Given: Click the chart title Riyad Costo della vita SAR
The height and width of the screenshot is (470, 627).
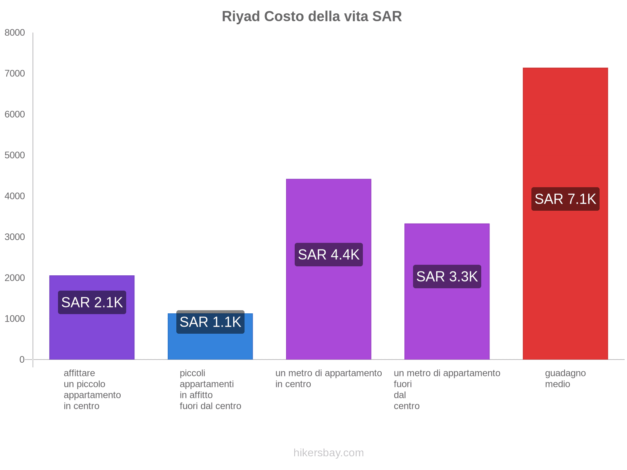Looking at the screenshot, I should [312, 16].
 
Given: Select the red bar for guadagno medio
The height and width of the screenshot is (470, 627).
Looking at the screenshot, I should [565, 274].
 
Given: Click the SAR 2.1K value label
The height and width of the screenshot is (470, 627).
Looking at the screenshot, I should [92, 302].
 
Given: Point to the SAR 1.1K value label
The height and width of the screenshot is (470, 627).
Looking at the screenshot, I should [210, 322].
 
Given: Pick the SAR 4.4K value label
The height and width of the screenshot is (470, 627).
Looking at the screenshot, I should [328, 255].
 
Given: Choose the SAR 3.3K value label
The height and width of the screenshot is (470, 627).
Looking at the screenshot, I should [447, 277].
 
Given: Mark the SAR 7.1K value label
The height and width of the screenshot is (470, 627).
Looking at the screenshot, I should [565, 199].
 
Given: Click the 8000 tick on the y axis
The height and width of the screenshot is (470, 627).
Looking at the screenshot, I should [15, 33].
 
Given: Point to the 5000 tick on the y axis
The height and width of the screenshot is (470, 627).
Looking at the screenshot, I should [15, 155].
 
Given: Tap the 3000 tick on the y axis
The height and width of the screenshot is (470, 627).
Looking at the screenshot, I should [15, 237].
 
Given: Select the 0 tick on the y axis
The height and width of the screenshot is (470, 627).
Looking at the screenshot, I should [22, 360].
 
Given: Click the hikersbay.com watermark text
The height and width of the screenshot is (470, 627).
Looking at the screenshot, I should [328, 453].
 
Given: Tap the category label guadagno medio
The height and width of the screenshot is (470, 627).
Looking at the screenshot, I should [565, 378].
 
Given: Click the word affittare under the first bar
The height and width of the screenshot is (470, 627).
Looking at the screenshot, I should [79, 373].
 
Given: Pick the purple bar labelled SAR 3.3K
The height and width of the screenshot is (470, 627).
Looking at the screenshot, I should [447, 321].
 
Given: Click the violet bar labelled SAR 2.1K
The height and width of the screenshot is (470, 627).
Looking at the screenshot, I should [92, 337].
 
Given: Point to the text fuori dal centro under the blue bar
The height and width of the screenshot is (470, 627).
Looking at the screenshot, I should [210, 406].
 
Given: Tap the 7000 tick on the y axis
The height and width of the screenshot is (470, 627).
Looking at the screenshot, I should [15, 74].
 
